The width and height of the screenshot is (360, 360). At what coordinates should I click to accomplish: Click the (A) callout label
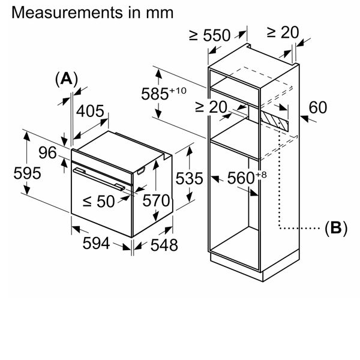(x=67, y=79)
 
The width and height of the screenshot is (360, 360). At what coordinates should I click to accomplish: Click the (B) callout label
(x=335, y=228)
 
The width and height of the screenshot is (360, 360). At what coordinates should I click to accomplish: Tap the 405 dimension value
(x=91, y=111)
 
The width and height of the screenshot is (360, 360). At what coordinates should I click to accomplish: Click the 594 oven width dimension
(x=96, y=243)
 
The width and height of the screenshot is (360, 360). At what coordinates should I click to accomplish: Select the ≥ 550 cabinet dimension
(x=210, y=35)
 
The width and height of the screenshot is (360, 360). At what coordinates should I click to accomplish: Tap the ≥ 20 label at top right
(x=281, y=32)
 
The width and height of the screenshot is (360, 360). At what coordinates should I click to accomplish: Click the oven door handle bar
(x=99, y=179)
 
